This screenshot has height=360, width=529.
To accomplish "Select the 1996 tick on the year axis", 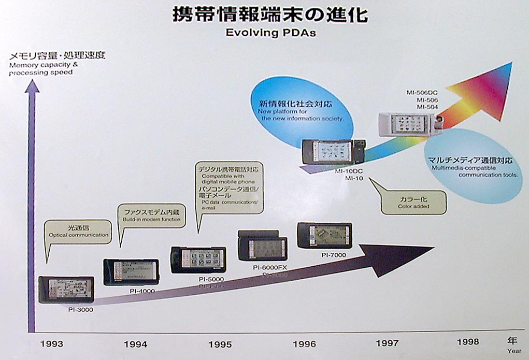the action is point(305,344).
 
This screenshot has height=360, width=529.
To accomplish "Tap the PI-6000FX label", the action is point(270,267).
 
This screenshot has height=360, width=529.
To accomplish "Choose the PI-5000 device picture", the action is point(199,260).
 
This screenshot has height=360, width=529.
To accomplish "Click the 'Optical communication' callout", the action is point(79,231).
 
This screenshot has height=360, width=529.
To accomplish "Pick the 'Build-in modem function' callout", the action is point(152,215).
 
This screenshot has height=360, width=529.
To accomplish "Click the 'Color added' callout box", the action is point(413,203).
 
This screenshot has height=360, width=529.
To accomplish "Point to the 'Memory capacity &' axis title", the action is point(43,65).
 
